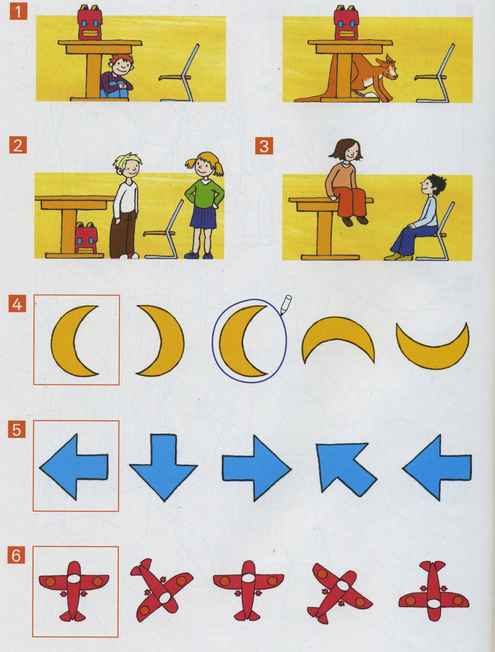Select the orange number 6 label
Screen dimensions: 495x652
[16, 555]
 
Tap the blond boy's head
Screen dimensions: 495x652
[128, 165]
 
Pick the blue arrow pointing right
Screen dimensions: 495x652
[257, 468]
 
